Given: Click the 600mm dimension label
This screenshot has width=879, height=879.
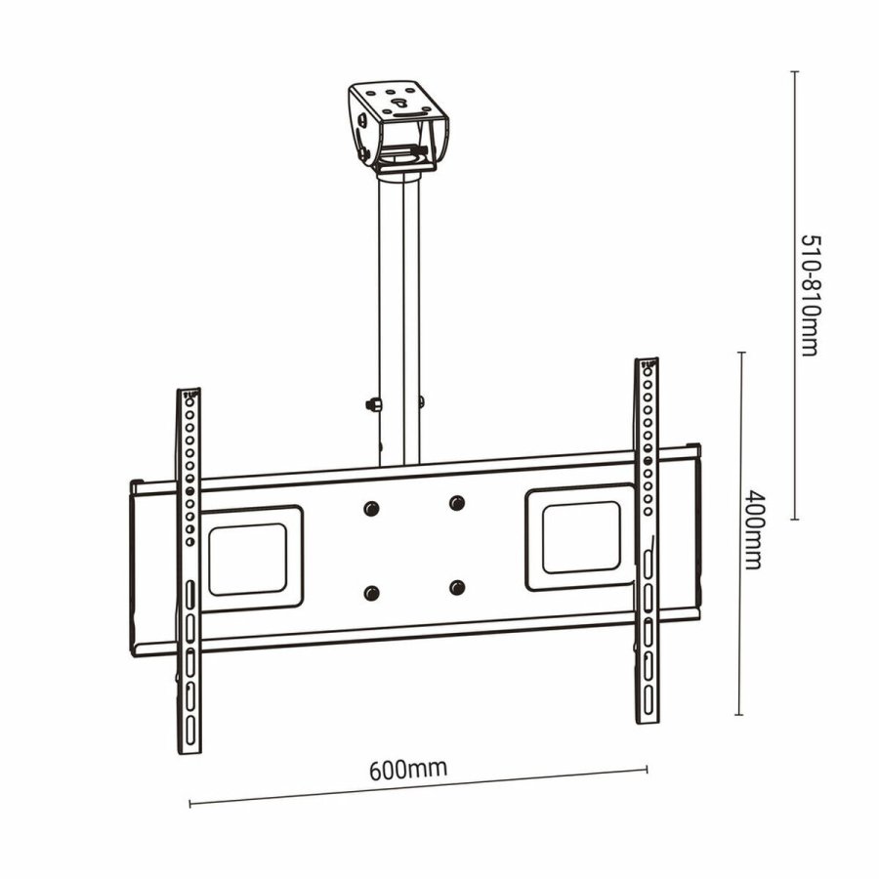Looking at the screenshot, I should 408,768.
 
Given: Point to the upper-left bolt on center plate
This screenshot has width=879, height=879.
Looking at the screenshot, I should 370,509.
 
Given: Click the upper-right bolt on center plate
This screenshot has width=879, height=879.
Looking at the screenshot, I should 456,503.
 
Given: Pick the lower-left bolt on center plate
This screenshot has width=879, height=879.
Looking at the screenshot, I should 371,593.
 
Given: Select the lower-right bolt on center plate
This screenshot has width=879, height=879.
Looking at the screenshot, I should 457,587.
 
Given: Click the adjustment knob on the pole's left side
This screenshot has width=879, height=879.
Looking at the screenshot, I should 372,403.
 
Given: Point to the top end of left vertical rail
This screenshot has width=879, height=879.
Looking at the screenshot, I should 188,394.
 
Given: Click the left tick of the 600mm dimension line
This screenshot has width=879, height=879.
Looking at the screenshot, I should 189,804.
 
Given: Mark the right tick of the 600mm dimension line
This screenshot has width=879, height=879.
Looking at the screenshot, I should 647,769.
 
